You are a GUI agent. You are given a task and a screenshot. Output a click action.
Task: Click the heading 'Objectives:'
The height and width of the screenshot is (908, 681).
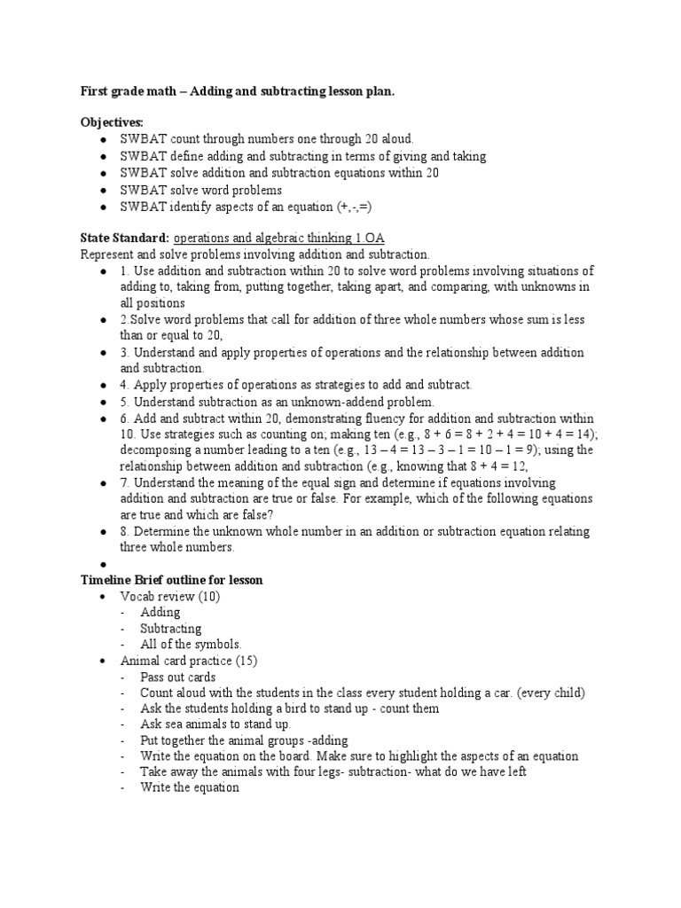pyautogui.click(x=111, y=122)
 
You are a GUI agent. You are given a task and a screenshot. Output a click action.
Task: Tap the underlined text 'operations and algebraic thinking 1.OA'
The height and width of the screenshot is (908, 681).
pyautogui.click(x=278, y=238)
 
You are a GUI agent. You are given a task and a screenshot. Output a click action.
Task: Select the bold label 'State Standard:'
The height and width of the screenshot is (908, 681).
pyautogui.click(x=125, y=238)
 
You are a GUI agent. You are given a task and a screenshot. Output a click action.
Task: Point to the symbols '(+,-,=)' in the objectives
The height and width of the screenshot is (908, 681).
pyautogui.click(x=354, y=207)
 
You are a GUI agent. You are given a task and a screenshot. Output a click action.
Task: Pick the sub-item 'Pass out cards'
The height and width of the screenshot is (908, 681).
pyautogui.click(x=177, y=677)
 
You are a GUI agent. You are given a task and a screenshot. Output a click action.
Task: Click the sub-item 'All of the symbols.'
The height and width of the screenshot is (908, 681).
pyautogui.click(x=191, y=645)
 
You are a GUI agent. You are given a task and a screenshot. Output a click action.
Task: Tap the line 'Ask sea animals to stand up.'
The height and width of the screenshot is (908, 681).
pyautogui.click(x=215, y=724)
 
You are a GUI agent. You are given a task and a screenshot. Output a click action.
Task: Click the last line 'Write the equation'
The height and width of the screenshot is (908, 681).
pyautogui.click(x=190, y=788)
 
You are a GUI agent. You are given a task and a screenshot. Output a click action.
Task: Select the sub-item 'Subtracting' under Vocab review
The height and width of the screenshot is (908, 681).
pyautogui.click(x=170, y=629)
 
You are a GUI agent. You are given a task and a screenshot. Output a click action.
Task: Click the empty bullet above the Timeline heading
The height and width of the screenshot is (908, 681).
pyautogui.click(x=104, y=565)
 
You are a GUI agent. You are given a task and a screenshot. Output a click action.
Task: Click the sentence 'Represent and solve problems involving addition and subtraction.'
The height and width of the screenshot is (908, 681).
pyautogui.click(x=254, y=254)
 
